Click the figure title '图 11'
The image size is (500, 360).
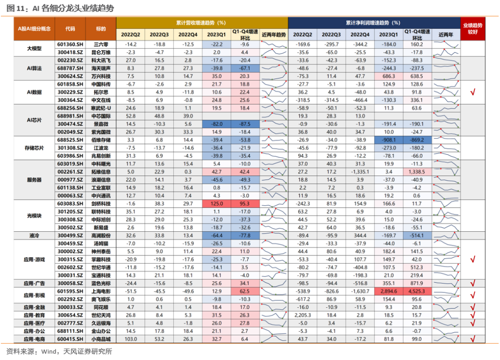click(x=15, y=8)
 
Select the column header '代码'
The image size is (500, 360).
click(x=70, y=29)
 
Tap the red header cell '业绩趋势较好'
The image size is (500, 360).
click(x=473, y=29)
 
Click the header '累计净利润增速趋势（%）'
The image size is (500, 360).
click(x=373, y=23)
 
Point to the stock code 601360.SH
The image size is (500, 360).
click(x=70, y=44)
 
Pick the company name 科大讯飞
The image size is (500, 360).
click(x=101, y=60)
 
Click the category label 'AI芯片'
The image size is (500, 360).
click(x=34, y=120)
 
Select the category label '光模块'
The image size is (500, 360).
click(x=34, y=216)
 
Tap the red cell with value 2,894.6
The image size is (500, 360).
click(x=388, y=291)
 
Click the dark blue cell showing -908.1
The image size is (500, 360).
click(x=388, y=140)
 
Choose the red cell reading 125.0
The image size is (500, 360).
click(x=217, y=204)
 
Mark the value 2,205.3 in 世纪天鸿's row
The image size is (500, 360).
click(x=303, y=315)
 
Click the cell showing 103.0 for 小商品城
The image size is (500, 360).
click(x=131, y=339)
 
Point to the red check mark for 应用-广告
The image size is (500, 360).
click(x=473, y=283)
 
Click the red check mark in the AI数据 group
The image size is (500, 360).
click(x=473, y=92)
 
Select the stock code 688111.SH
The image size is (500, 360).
click(x=70, y=331)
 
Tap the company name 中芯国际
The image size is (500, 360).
click(x=101, y=116)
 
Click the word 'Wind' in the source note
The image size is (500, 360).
click(x=49, y=351)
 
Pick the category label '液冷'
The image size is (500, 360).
click(x=34, y=236)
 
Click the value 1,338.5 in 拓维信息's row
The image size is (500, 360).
click(x=417, y=172)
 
